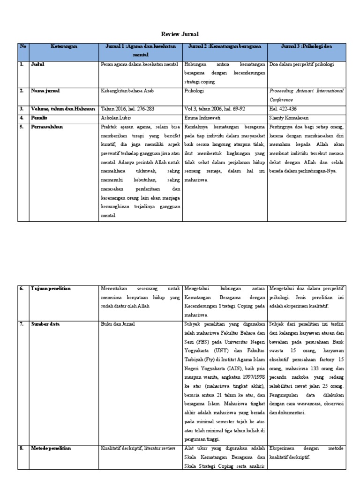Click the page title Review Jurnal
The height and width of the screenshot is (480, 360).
(180, 34)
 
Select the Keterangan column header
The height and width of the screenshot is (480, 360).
(64, 46)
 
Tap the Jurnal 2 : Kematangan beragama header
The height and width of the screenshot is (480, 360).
(225, 46)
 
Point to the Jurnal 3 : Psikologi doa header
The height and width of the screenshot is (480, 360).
(307, 46)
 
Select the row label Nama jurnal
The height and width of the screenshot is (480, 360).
(45, 90)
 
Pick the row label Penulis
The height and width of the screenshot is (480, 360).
(40, 118)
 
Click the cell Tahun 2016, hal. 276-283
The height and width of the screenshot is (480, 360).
(127, 109)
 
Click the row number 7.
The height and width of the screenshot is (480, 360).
(22, 324)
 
